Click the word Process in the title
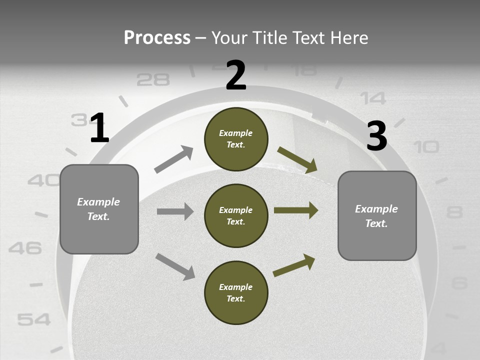click(157, 38)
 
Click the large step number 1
click(99, 128)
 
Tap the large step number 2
click(236, 75)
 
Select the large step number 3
click(376, 136)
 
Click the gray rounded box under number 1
click(99, 209)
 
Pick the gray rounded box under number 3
click(377, 215)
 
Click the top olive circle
click(236, 139)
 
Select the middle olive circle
click(236, 215)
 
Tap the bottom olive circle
click(236, 292)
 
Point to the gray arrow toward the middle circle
click(175, 211)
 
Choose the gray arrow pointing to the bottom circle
click(175, 266)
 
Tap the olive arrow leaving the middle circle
click(296, 210)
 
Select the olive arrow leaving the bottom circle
click(294, 265)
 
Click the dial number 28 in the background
click(153, 79)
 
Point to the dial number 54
click(33, 319)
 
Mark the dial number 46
click(25, 247)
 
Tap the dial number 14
click(373, 98)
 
